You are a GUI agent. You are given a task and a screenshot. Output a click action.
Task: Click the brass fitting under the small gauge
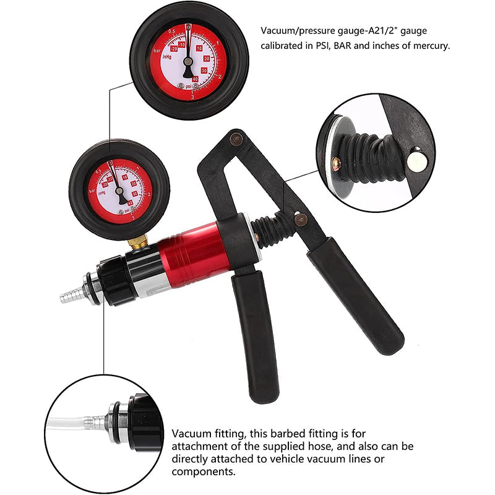[138, 242]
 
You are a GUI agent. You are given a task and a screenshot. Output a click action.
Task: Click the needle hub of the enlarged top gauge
[188, 61]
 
